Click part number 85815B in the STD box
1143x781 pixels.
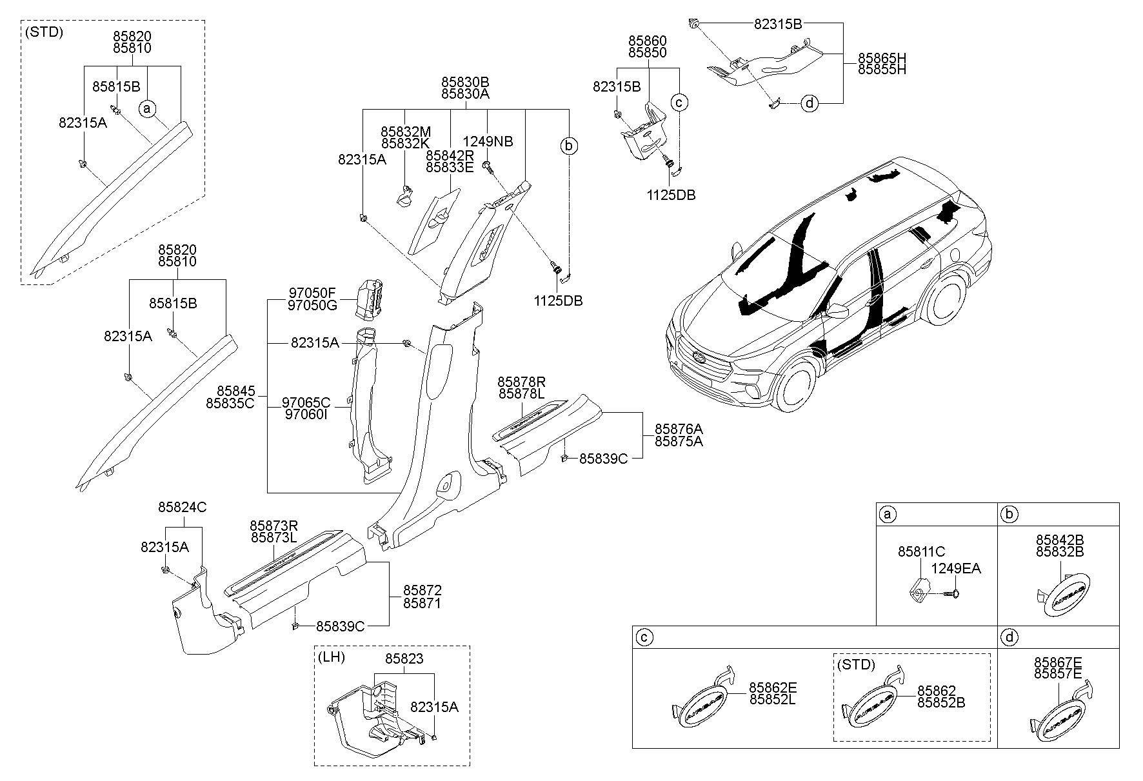tap(116, 86)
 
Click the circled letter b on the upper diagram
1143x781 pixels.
tap(568, 146)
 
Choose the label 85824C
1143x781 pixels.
tap(183, 508)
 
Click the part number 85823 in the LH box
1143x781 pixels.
tap(404, 659)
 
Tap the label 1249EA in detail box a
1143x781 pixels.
tap(956, 568)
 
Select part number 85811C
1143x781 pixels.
tap(921, 551)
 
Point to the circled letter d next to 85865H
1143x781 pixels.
tap(810, 103)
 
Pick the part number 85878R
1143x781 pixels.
tap(521, 381)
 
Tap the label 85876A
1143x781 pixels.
tap(679, 429)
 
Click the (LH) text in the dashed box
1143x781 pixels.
tap(332, 657)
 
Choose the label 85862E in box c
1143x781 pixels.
tap(772, 688)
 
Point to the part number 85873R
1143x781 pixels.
tap(274, 526)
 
